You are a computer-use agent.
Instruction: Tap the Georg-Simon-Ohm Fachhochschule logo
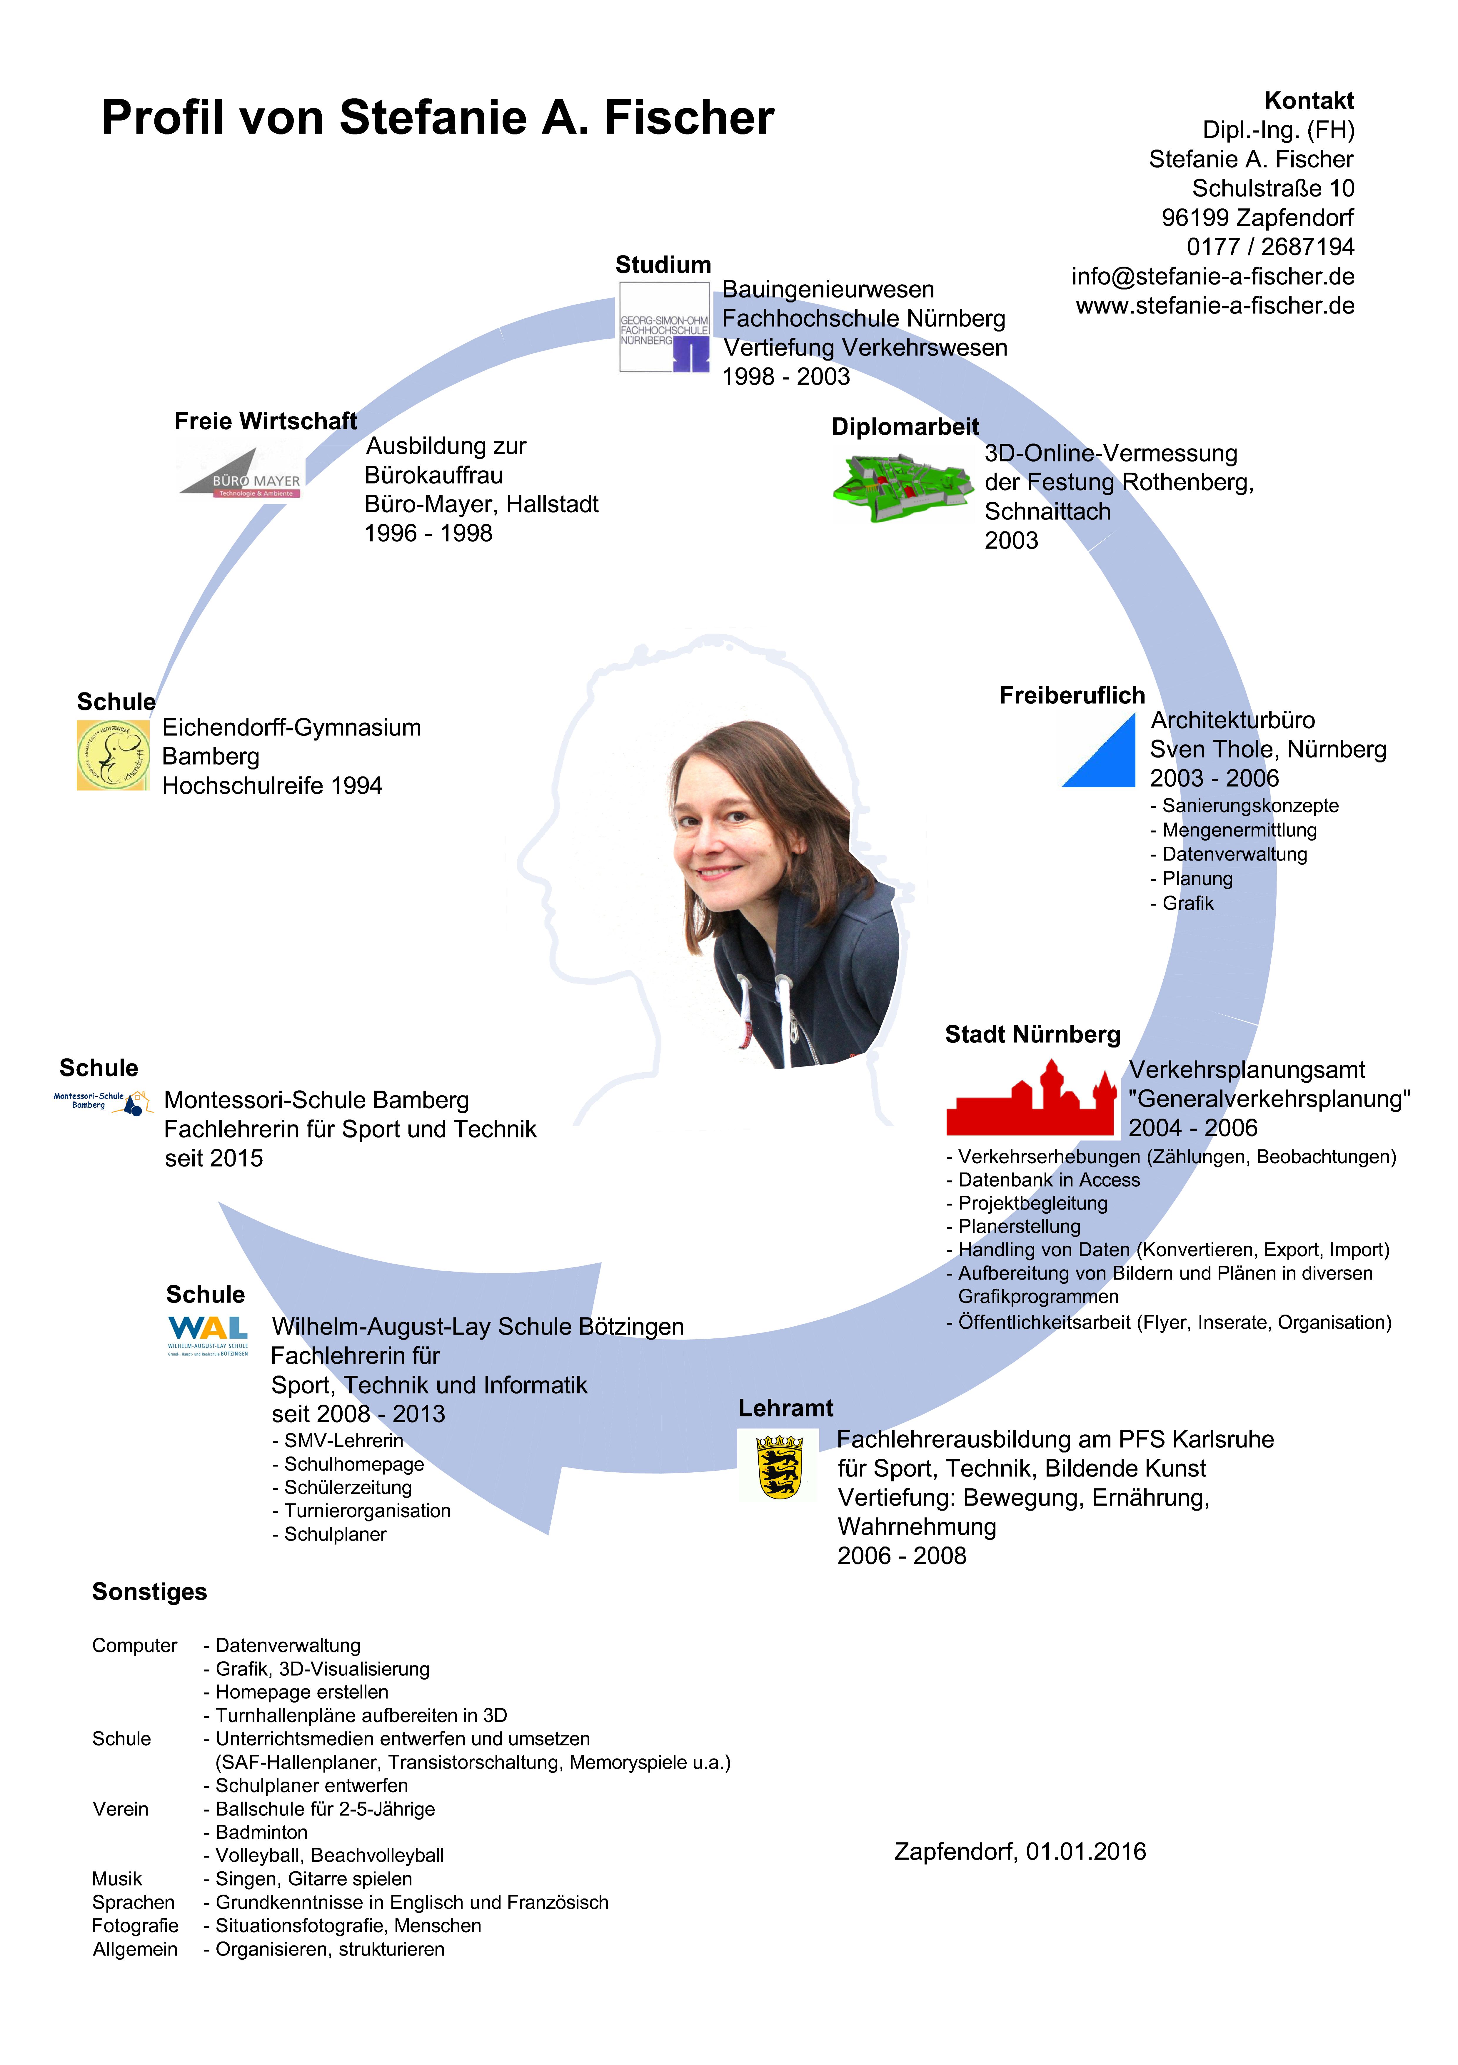pos(664,327)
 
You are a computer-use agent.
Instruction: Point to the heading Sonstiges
pos(149,1592)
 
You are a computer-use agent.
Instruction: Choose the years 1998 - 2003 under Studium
pos(786,377)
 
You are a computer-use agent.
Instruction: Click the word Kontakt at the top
pos(1309,101)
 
